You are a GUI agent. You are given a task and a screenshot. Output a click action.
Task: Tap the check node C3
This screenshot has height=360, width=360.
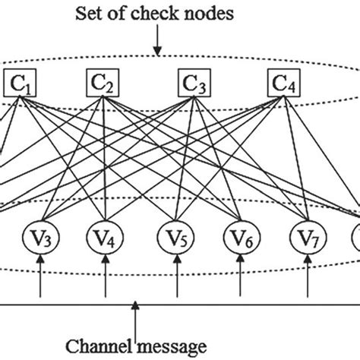(194, 82)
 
